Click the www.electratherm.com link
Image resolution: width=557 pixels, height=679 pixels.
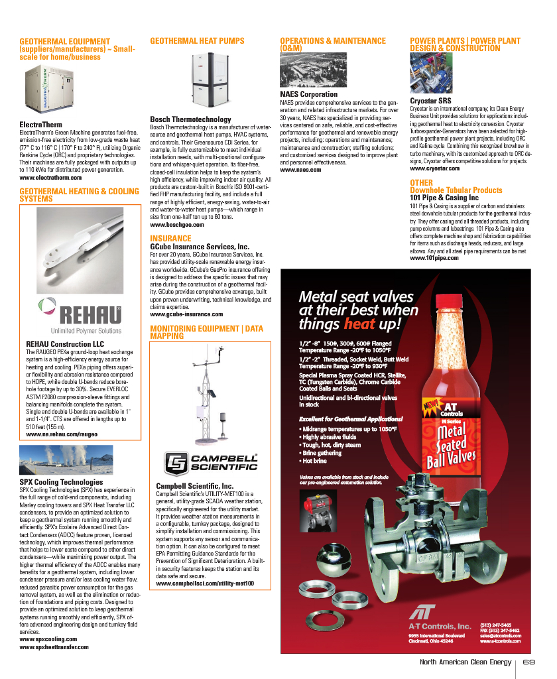pos(50,178)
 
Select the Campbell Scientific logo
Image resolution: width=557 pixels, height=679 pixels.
pos(211,462)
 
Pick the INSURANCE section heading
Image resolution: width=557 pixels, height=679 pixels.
pos(170,238)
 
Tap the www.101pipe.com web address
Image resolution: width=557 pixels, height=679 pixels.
pos(434,258)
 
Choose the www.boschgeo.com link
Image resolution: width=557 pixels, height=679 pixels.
pos(176,225)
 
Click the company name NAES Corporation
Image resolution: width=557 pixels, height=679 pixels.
pos(309,95)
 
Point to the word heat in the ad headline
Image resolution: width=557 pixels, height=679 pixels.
pos(359,324)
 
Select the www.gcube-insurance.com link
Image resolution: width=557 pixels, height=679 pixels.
pos(186,314)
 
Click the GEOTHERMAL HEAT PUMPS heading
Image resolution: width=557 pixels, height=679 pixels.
pos(197,41)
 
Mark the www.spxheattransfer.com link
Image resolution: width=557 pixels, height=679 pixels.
pos(54,647)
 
